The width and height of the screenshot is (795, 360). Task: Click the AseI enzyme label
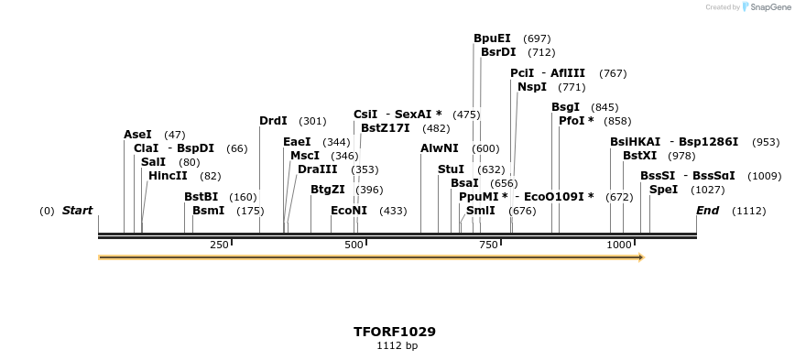pyautogui.click(x=137, y=135)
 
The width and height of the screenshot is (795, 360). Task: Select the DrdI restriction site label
pyautogui.click(x=273, y=121)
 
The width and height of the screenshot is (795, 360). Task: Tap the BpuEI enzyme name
pyautogui.click(x=492, y=38)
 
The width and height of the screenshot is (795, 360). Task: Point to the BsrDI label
pyautogui.click(x=498, y=52)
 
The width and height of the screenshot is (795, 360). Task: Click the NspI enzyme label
pyautogui.click(x=532, y=87)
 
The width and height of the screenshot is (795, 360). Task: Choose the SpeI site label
pyautogui.click(x=663, y=190)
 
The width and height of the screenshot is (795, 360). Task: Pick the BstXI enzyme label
pyautogui.click(x=639, y=156)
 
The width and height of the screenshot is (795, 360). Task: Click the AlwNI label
pyautogui.click(x=440, y=148)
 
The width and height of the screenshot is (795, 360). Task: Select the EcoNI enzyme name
pyautogui.click(x=349, y=211)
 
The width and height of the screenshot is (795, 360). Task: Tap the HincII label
pyautogui.click(x=168, y=176)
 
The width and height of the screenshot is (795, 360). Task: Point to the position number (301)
pyautogui.click(x=312, y=121)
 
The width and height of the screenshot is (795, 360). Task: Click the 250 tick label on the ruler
pyautogui.click(x=219, y=245)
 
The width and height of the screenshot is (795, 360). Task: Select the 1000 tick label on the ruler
pyautogui.click(x=620, y=245)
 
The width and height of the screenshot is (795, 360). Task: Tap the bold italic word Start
pyautogui.click(x=77, y=211)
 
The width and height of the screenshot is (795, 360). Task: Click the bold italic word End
pyautogui.click(x=707, y=211)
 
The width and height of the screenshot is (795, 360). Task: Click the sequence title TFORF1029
pyautogui.click(x=395, y=332)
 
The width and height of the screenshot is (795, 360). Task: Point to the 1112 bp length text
pyautogui.click(x=397, y=346)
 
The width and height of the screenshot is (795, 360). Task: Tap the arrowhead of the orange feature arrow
pyautogui.click(x=641, y=257)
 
